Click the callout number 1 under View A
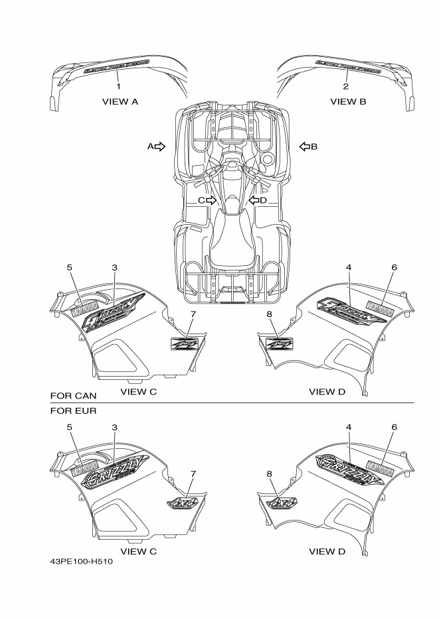coord(118,86)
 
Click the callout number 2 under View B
coord(346,86)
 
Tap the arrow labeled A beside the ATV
coord(159,146)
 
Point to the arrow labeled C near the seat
coord(211,200)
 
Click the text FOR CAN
coord(68,396)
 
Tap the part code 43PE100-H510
coord(81,562)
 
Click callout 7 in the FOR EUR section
coord(193,473)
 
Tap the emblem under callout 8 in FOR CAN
coord(279,343)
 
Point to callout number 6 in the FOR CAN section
coord(394,267)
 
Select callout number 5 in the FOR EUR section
coord(69,428)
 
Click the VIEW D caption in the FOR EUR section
coord(327,551)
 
